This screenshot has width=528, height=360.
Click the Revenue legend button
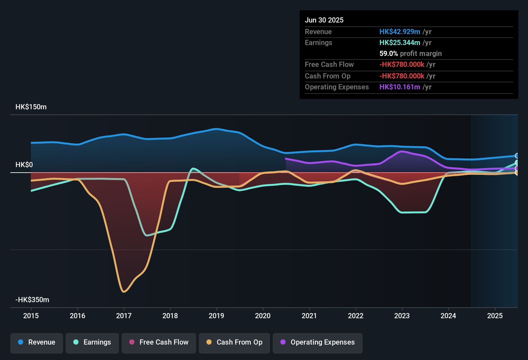37,342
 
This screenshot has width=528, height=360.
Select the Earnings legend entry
92,342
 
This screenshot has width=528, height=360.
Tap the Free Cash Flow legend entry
159,342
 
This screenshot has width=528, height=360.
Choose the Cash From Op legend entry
234,342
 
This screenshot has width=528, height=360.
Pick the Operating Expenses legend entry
318,342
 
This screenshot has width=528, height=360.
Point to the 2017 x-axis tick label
124,316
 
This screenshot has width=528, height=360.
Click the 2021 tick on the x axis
309,316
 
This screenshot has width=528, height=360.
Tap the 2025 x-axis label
495,316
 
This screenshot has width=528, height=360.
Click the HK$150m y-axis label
31,107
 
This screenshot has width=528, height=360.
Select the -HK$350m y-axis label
32,300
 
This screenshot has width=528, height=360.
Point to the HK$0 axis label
24,165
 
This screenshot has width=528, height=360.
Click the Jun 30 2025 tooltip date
324,20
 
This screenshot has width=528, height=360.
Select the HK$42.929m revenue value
400,32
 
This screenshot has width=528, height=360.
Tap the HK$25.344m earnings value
400,43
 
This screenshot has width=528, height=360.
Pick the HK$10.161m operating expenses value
400,87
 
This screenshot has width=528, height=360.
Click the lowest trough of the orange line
124,292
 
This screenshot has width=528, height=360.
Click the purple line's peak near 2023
402,151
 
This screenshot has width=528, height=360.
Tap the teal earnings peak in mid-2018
193,168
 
